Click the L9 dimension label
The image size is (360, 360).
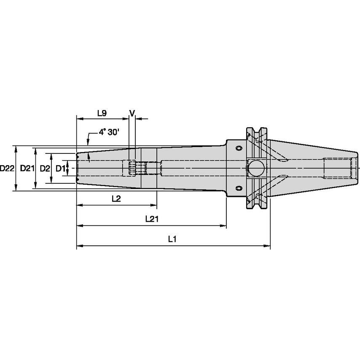[102, 113]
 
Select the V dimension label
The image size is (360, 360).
[132, 113]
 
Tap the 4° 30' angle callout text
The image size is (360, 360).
[109, 132]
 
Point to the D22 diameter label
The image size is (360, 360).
[7, 168]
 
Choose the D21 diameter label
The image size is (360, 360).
[27, 168]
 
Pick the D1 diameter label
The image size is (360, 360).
[60, 168]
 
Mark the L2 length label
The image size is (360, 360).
[116, 199]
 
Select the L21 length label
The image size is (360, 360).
[151, 219]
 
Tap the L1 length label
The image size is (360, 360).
[172, 239]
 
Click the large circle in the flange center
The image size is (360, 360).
[255, 169]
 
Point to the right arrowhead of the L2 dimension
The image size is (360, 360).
[154, 206]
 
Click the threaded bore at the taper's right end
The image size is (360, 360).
[337, 168]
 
